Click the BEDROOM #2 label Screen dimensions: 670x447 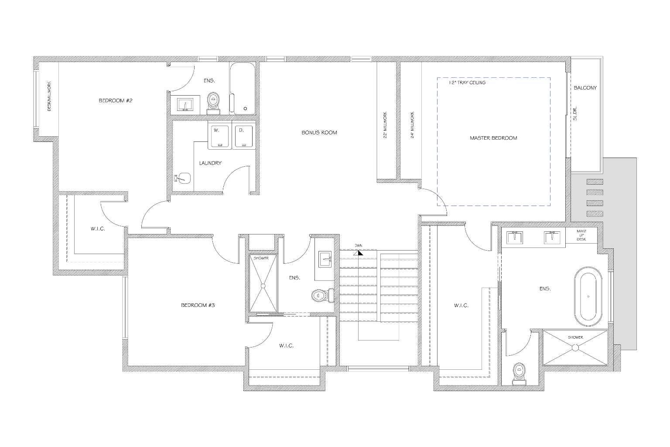coord(116,100)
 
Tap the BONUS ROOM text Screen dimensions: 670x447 coord(319,132)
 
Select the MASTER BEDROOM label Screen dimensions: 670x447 coord(493,138)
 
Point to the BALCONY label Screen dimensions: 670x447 coord(585,88)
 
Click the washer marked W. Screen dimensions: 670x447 coord(220,137)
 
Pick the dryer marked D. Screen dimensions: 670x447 coord(244,137)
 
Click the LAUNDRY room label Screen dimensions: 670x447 coord(210,163)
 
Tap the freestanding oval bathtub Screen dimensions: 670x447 coord(588,297)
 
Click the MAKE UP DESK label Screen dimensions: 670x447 coord(581,235)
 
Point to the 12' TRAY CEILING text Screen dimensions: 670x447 coord(467,83)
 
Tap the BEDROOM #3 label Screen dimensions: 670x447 coord(198,305)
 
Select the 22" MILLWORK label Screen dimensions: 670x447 coord(385,125)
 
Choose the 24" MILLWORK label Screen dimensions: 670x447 coord(413,125)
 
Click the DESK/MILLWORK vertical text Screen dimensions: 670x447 coord(49,96)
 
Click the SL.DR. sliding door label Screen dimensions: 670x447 coord(575,113)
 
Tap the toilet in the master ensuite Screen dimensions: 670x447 coord(519,374)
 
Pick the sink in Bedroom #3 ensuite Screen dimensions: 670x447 coord(325,259)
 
